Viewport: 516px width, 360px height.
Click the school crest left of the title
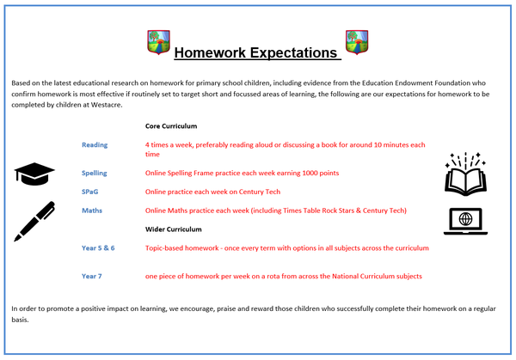[x=158, y=42]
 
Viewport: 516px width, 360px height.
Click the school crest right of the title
[x=357, y=42]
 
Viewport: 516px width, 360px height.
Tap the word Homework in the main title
[x=210, y=52]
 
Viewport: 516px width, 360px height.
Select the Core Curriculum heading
[x=171, y=126]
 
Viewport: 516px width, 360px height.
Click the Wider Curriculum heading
[x=174, y=229]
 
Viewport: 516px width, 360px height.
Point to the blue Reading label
[x=95, y=145]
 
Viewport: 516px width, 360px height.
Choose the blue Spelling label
[x=95, y=174]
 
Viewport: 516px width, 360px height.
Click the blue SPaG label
[x=89, y=192]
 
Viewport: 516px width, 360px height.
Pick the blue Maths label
[x=92, y=211]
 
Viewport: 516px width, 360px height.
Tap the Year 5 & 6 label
[x=98, y=248]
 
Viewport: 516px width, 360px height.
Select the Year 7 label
[x=91, y=277]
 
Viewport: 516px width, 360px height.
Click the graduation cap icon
[x=34, y=174]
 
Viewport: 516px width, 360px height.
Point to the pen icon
[x=34, y=222]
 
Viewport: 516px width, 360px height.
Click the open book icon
[x=465, y=174]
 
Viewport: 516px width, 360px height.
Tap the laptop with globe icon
[x=465, y=222]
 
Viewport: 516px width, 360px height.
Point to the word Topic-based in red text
[x=163, y=248]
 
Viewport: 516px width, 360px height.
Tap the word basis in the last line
[x=20, y=320]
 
